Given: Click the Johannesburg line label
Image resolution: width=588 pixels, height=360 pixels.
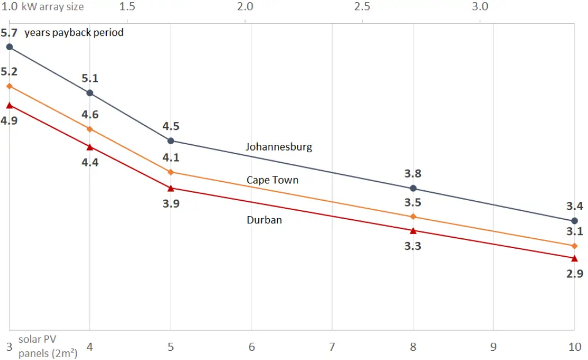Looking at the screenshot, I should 279,147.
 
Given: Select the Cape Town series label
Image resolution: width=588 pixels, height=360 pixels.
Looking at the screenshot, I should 273,180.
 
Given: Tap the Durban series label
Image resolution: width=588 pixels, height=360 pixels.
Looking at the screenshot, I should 264,220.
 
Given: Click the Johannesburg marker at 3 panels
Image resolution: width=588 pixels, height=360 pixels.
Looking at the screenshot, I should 9,47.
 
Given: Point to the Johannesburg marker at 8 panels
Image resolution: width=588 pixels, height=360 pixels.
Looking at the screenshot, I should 413,188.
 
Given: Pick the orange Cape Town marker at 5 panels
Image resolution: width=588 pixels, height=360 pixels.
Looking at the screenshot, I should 171,172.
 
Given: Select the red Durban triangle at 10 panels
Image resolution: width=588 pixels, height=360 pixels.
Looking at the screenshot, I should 574,258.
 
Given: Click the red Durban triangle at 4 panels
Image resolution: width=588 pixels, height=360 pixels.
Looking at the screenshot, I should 90,147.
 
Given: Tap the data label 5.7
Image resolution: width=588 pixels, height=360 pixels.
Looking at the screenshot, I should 9,32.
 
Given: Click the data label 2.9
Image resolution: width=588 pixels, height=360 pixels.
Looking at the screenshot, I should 575,274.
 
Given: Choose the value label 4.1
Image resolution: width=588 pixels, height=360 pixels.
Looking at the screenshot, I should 171,157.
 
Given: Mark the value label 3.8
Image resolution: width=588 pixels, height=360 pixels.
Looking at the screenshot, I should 413,173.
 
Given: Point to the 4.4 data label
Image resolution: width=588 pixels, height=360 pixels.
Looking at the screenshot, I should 90,163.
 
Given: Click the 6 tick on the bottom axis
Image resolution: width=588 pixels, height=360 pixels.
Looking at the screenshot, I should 251,348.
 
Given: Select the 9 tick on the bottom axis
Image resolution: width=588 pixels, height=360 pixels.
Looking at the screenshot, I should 493,348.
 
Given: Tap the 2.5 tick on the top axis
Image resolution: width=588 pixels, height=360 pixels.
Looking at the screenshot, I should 362,7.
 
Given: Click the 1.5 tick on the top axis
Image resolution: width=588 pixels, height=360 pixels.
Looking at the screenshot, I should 127,7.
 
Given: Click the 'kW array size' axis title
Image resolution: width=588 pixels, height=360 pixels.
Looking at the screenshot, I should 52,7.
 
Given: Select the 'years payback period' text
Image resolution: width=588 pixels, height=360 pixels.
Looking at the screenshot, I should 74,32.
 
